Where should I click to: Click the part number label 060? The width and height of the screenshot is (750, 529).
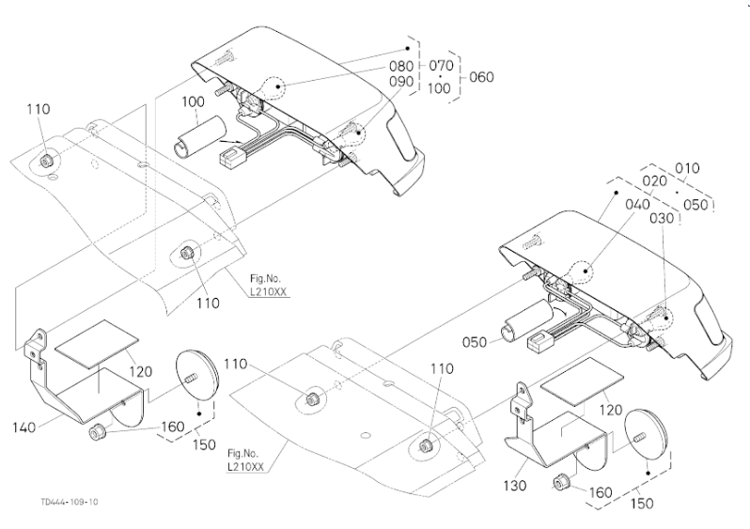coord(480,76)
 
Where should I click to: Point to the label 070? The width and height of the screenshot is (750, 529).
coord(441,66)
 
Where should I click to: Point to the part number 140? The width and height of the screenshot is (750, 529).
coord(25,428)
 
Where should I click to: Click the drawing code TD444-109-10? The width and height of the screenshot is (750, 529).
coord(69,502)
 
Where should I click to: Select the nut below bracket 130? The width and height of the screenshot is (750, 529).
coord(562,482)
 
